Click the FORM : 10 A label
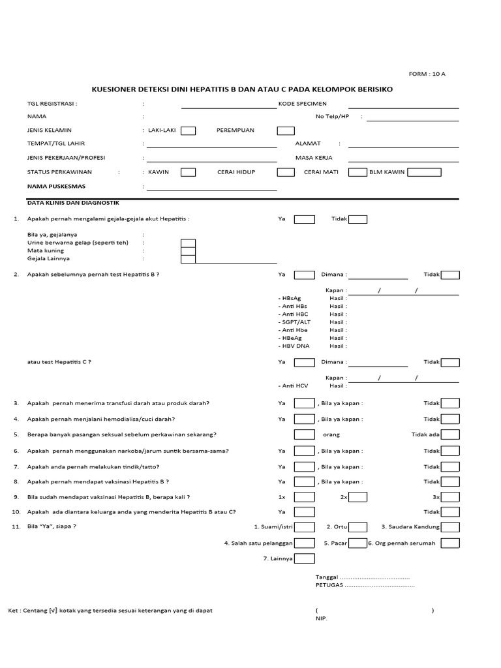[427, 74]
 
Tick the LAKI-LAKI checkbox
[188, 130]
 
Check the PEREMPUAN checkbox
[285, 130]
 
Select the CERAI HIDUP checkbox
[285, 172]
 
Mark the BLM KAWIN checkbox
[424, 172]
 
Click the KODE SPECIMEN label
[303, 103]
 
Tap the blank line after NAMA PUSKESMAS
[211, 190]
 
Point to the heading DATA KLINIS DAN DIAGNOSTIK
[73, 203]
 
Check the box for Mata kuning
[188, 251]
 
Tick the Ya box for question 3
[304, 403]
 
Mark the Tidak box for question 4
[450, 419]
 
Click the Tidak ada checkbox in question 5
[450, 434]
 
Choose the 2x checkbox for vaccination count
[357, 497]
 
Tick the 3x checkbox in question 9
[450, 497]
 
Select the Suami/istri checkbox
[304, 527]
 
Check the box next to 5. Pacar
[357, 543]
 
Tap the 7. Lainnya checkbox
[304, 558]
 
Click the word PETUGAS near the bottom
[329, 585]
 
